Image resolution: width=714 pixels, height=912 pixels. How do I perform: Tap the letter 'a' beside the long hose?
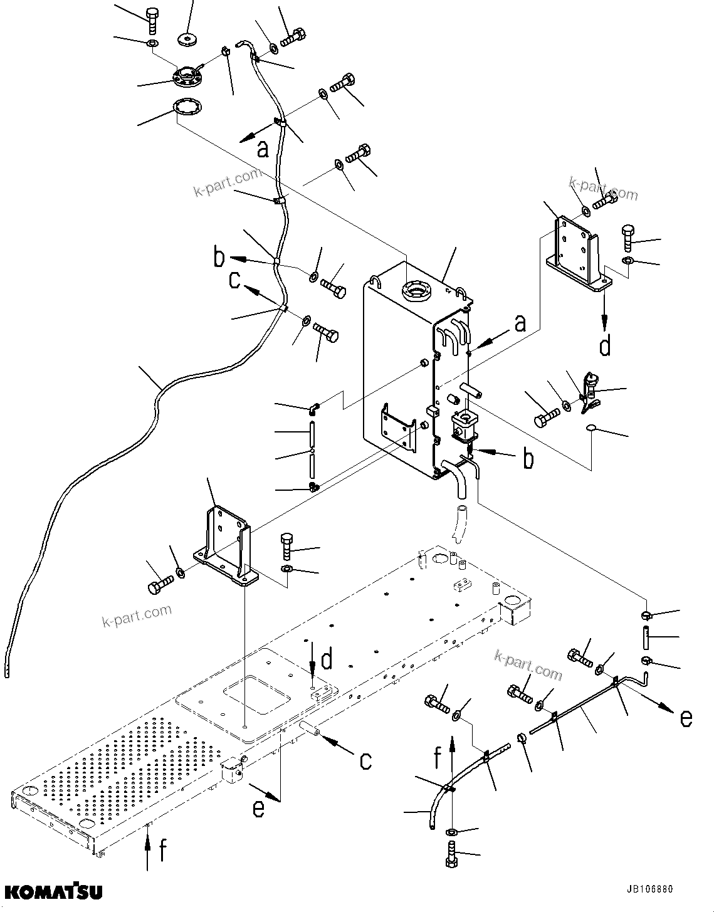tap(263, 149)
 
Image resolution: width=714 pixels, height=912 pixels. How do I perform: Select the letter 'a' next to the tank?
tap(520, 323)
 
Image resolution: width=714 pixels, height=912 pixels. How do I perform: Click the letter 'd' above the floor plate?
tap(327, 659)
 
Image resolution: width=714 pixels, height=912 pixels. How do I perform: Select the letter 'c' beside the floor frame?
tap(365, 760)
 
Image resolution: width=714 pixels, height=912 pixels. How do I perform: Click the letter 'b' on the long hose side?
tap(219, 258)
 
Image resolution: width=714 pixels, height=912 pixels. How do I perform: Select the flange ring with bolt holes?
tap(187, 80)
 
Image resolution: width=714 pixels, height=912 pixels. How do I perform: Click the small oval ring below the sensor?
tap(591, 428)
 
